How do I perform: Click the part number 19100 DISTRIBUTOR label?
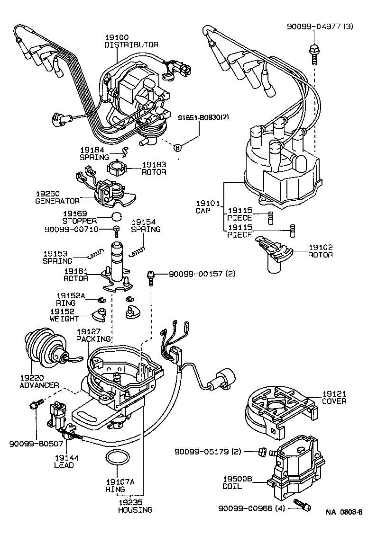tap(131, 41)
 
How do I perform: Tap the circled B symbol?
tap(178, 148)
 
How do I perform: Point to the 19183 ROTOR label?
tap(154, 168)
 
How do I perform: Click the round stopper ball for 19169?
tap(117, 217)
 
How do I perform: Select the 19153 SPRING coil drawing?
tap(95, 255)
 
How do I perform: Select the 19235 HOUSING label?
tap(135, 506)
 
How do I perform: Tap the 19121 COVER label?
tap(334, 397)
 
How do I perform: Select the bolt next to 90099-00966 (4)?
tap(302, 505)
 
